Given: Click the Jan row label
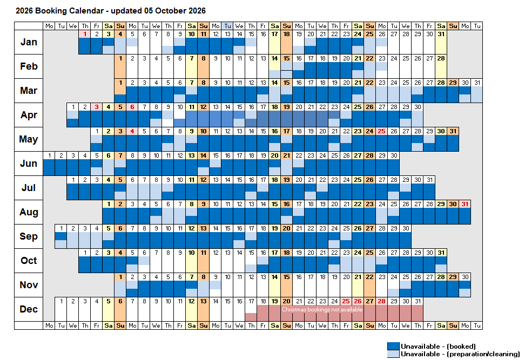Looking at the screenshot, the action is (29, 42).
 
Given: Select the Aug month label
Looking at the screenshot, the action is (29, 212).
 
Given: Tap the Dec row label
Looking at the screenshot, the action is (29, 309).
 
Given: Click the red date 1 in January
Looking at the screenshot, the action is (85, 34).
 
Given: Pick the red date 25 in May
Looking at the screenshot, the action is (382, 131).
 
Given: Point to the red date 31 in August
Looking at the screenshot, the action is (465, 204).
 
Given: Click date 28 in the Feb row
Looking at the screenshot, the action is (441, 58).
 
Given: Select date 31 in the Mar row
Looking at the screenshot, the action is (477, 83).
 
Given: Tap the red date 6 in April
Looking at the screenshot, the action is (132, 107).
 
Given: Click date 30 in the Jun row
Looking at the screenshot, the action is (394, 155).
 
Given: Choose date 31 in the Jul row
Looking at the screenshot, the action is (429, 180).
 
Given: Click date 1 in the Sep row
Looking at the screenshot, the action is (61, 228).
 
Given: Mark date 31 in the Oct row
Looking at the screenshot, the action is (441, 253).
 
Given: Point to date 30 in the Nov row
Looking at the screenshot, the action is (465, 277).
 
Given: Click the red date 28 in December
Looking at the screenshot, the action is (382, 301).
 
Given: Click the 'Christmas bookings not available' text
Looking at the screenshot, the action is (322, 309).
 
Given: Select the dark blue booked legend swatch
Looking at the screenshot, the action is (393, 346).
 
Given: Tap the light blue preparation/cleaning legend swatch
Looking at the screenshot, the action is (393, 354).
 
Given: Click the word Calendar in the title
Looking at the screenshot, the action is (86, 11).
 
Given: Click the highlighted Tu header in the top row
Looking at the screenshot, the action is (228, 26).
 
